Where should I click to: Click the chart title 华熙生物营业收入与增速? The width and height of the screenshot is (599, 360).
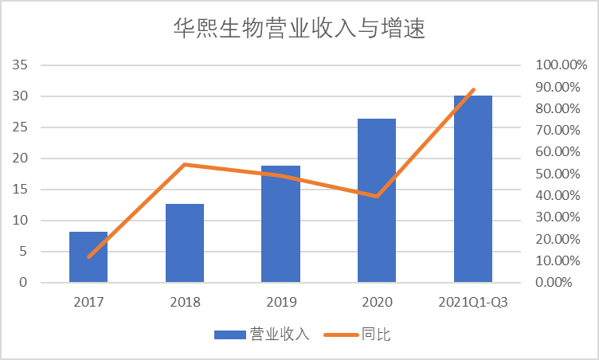pyautogui.click(x=299, y=29)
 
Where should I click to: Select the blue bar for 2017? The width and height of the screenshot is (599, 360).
pyautogui.click(x=88, y=256)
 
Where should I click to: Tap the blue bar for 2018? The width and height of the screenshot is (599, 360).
pyautogui.click(x=185, y=243)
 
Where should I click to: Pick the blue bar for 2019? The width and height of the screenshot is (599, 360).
pyautogui.click(x=281, y=224)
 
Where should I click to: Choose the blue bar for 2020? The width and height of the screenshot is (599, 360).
pyautogui.click(x=377, y=200)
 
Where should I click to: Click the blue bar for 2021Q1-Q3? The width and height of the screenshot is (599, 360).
pyautogui.click(x=473, y=189)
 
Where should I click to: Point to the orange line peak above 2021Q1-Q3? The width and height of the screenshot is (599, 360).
pyautogui.click(x=473, y=90)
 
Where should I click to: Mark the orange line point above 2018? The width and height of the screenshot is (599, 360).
pyautogui.click(x=185, y=165)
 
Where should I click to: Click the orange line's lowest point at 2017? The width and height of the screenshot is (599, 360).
pyautogui.click(x=88, y=256)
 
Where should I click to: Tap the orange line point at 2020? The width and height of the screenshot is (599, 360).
pyautogui.click(x=377, y=196)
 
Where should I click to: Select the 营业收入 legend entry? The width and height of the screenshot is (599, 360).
pyautogui.click(x=262, y=335)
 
